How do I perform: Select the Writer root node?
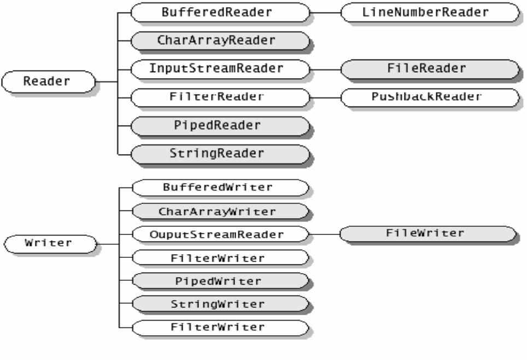tap(49, 243)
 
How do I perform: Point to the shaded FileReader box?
tap(430, 69)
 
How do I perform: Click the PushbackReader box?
tap(430, 97)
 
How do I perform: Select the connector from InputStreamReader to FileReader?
tap(325, 69)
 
